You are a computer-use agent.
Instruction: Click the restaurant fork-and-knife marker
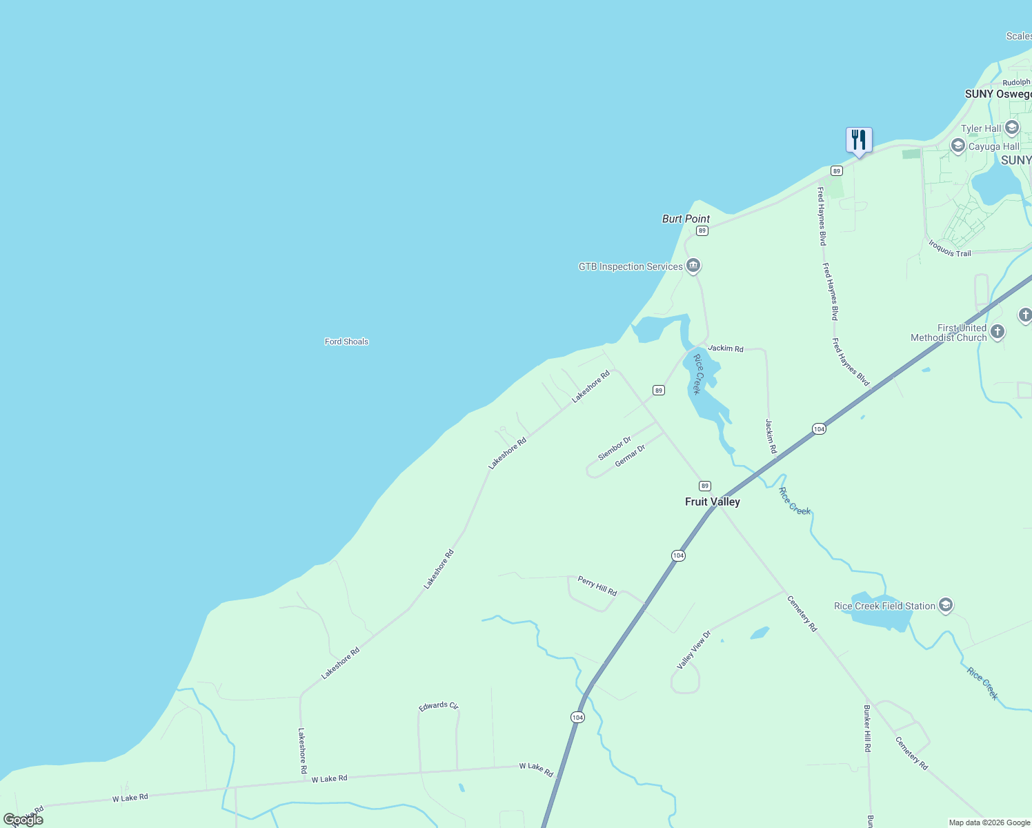(859, 141)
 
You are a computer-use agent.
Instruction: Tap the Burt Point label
(686, 219)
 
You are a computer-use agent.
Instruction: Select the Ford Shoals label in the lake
(346, 342)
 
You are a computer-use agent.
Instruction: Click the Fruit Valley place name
(712, 502)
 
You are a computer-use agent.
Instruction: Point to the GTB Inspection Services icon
(693, 266)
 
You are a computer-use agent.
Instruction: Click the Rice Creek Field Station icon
(946, 605)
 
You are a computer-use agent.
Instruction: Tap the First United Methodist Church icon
(998, 333)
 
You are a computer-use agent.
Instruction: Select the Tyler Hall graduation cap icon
(1012, 128)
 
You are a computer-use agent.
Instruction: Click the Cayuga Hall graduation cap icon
(957, 146)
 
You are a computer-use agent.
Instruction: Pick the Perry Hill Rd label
(597, 586)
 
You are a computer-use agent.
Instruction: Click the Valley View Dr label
(693, 650)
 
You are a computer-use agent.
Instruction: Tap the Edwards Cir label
(439, 706)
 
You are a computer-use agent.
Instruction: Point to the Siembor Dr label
(614, 448)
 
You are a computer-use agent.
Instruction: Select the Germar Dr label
(630, 455)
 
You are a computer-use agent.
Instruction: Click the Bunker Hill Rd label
(867, 728)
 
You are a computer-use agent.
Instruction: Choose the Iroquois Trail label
(950, 249)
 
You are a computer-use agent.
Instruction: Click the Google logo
(23, 820)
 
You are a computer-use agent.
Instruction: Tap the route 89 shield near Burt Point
(702, 230)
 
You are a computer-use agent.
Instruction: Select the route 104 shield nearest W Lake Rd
(577, 718)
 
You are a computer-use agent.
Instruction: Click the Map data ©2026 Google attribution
(989, 822)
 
